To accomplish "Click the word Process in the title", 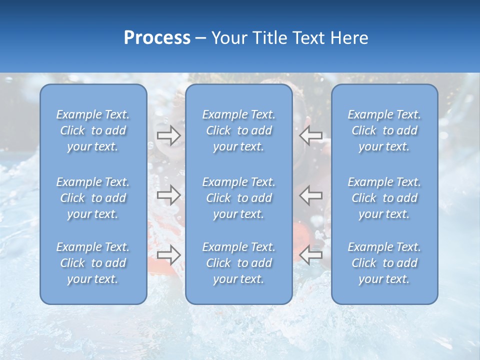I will (157, 38).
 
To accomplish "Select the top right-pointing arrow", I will (168, 135).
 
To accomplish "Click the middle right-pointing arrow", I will (168, 194).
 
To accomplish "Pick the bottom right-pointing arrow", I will (168, 255).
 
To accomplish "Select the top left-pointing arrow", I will (311, 135).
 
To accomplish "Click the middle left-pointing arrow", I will (311, 194).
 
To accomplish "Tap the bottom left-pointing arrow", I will (311, 255).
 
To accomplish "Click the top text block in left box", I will (93, 130).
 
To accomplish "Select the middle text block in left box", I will (93, 198).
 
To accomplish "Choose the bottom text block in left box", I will (93, 263).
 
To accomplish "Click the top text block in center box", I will (239, 130).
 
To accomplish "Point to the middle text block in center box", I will (239, 198).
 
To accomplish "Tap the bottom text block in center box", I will (239, 263).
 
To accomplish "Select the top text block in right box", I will (384, 130).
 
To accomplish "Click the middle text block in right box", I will (384, 198).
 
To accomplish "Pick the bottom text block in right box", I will (384, 263).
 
